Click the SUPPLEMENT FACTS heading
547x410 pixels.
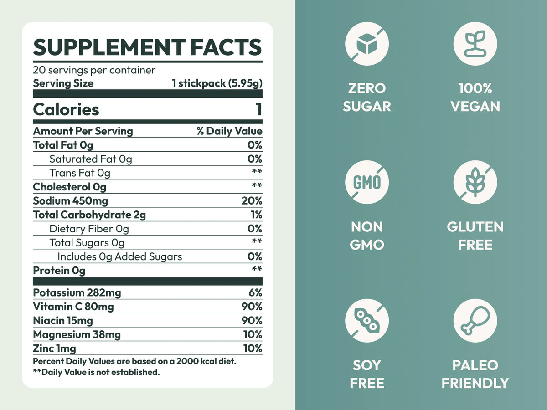point(147,47)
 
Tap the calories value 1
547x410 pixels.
point(258,110)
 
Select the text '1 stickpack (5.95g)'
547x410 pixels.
point(217,83)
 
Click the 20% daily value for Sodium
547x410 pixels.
point(252,201)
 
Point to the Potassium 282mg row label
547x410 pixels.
point(77,293)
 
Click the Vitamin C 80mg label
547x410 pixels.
point(73,307)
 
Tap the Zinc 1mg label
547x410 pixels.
point(55,348)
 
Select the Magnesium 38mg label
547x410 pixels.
point(77,335)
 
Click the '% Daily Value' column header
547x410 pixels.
point(229,131)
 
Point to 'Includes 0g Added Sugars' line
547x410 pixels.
point(119,257)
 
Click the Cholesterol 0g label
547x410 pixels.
point(70,187)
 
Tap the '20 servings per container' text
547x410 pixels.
point(94,70)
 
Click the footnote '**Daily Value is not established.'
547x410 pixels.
point(97,372)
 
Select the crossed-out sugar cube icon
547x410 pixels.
point(367,44)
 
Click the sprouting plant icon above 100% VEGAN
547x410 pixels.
point(475,44)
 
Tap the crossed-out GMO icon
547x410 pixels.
point(367,182)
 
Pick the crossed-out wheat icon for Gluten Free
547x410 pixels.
point(475,182)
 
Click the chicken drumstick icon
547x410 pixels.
point(475,321)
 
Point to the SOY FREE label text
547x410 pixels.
point(367,374)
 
